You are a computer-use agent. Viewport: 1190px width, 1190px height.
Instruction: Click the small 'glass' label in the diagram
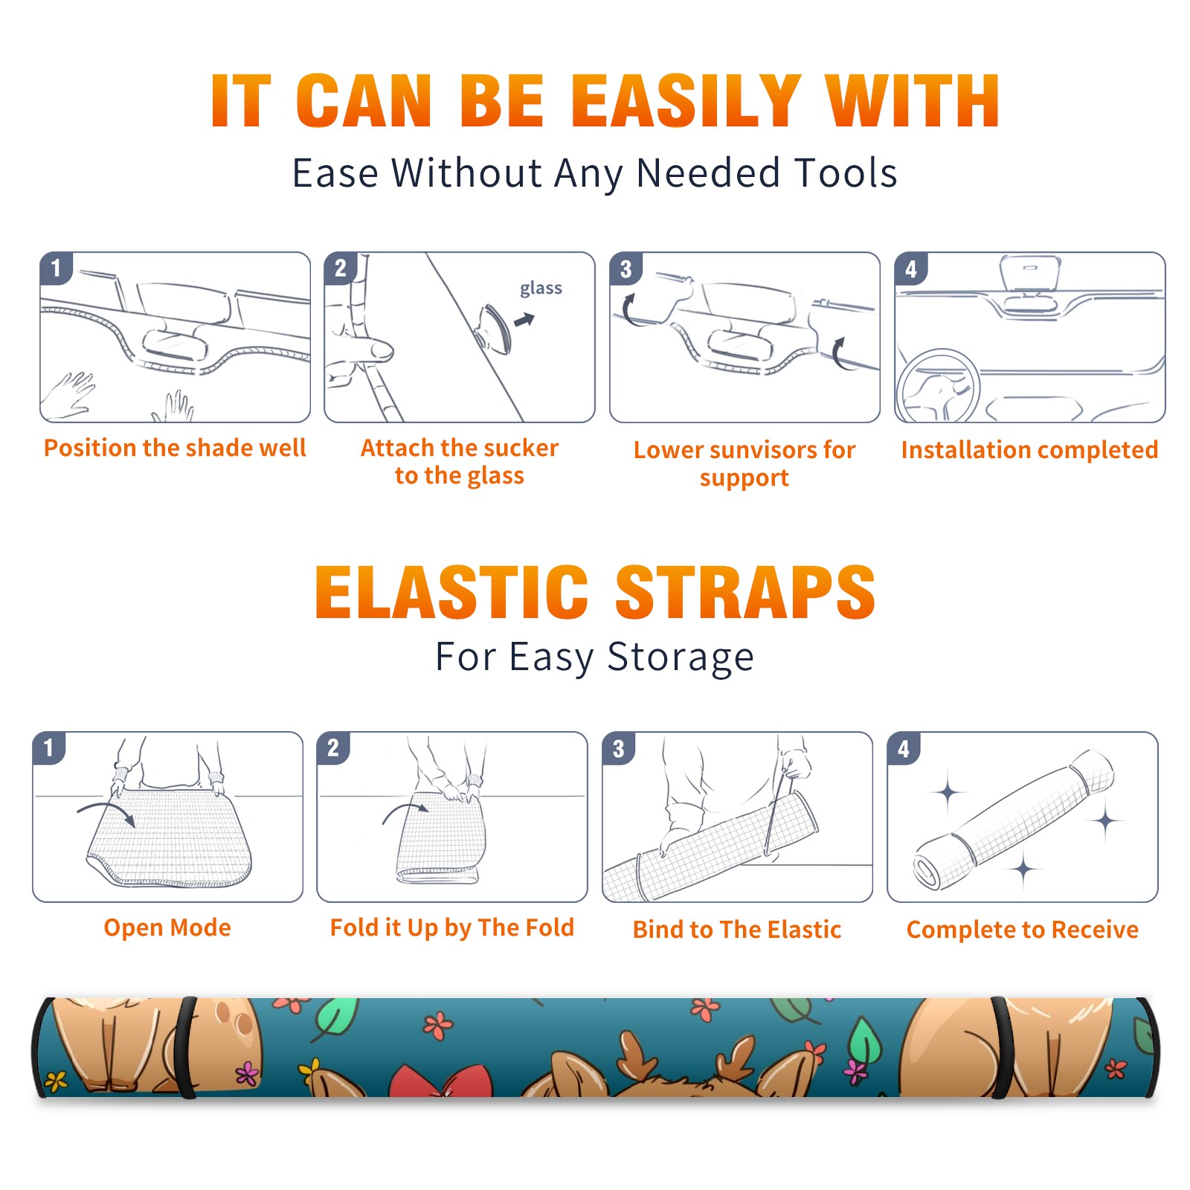coord(541,289)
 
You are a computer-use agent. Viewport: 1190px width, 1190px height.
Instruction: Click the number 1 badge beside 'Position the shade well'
coord(56,268)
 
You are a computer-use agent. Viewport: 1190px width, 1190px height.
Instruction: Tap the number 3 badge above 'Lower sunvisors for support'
coord(625,268)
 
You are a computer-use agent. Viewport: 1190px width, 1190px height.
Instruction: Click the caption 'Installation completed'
coord(1029,450)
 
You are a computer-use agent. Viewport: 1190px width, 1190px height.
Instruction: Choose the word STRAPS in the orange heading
coord(745,592)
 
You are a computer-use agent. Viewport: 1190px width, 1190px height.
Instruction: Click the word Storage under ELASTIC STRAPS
coord(681,657)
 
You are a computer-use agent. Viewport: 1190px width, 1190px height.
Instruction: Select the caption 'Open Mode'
coord(167,928)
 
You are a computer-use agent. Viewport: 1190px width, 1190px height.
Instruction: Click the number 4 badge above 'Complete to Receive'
coord(904,748)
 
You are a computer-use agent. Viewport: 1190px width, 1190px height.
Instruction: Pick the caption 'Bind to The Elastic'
coord(737,930)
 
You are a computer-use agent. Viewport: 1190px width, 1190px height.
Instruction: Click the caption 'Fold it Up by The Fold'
coord(452,928)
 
